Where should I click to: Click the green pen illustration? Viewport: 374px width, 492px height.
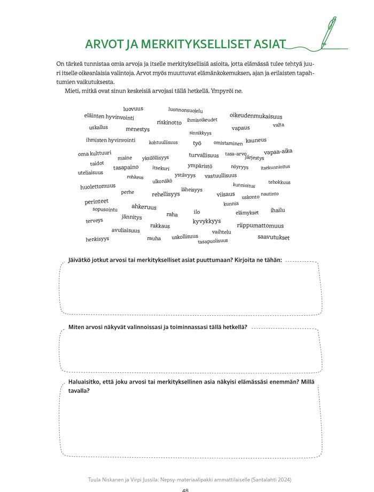pos(330,32)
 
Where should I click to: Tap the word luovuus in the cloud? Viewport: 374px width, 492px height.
pos(133,109)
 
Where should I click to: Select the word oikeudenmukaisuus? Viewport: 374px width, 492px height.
pos(256,116)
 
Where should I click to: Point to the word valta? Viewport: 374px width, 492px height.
pos(278,125)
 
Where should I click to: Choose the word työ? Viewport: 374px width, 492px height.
pos(197,143)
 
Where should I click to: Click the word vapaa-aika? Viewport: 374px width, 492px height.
pos(278,152)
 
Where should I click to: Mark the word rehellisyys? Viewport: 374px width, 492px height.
pos(166,194)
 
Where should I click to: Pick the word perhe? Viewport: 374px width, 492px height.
pos(127,192)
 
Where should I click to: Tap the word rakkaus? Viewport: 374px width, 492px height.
pos(160,226)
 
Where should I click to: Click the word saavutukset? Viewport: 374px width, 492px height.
pos(274,237)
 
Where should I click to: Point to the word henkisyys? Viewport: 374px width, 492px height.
pos(97,239)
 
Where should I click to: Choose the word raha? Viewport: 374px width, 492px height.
pos(172,215)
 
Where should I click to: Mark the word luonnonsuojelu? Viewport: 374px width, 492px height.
pos(185,110)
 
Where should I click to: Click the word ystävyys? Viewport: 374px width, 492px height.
pos(185,175)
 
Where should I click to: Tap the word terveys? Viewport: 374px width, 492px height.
pos(94,221)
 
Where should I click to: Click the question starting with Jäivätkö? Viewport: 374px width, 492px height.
pos(175,260)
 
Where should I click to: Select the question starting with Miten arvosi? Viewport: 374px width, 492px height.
pos(158,327)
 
